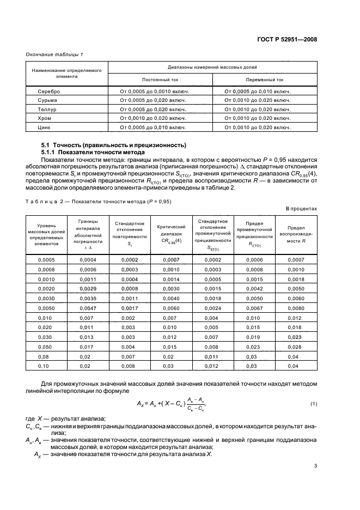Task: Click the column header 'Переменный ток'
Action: (265, 79)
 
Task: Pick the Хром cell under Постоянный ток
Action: (154, 118)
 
